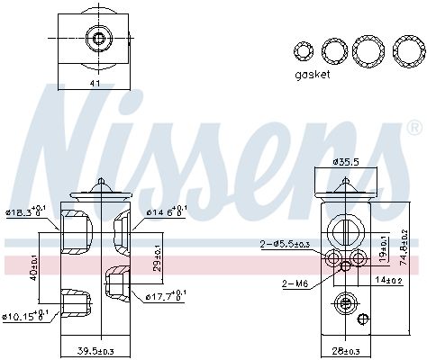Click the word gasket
(x=313, y=75)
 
